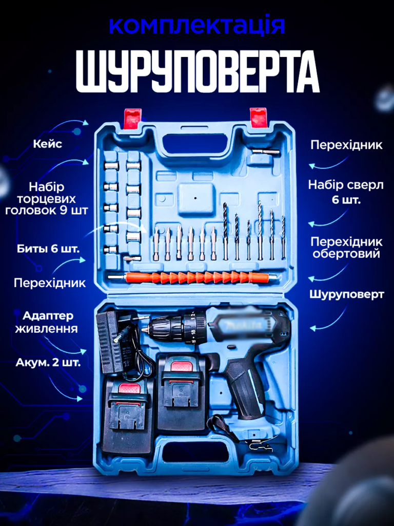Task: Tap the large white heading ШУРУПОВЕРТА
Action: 198,72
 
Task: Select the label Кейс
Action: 48,144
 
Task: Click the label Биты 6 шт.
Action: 48,249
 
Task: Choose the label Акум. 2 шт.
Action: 48,363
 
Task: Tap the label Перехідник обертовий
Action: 346,248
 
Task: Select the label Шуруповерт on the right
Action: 346,294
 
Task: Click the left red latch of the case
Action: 132,119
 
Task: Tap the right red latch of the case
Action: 259,118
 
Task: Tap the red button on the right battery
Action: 182,366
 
